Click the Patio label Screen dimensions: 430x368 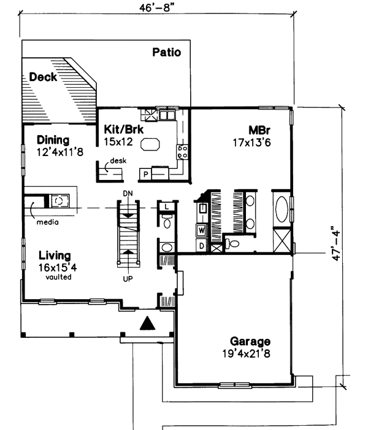pos(167,53)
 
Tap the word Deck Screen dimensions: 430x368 pos(43,77)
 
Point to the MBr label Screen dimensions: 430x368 pos(260,130)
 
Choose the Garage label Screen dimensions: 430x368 pos(250,342)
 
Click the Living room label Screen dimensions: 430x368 pos(54,256)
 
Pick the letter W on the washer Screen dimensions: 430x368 pos(201,231)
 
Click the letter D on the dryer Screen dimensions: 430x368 pos(201,246)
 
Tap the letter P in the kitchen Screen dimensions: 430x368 pos(146,174)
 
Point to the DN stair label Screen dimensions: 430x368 pos(128,194)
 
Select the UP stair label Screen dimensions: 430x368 pos(128,278)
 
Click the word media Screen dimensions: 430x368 pos(47,222)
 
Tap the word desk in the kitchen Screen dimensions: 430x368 pos(118,162)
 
